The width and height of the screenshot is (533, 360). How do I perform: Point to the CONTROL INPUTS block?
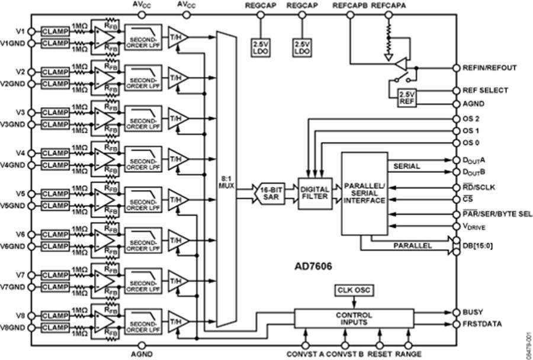point(354,319)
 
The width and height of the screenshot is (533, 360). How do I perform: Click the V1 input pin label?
point(20,31)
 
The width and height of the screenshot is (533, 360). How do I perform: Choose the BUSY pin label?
point(473,312)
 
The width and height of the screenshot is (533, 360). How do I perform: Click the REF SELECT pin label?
point(485,91)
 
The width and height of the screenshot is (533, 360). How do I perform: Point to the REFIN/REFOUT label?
point(489,67)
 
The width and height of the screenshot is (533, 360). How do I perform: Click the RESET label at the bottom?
point(379,354)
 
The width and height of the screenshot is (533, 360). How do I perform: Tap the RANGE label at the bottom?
point(409,354)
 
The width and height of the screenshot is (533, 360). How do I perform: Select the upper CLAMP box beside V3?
point(55,112)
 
